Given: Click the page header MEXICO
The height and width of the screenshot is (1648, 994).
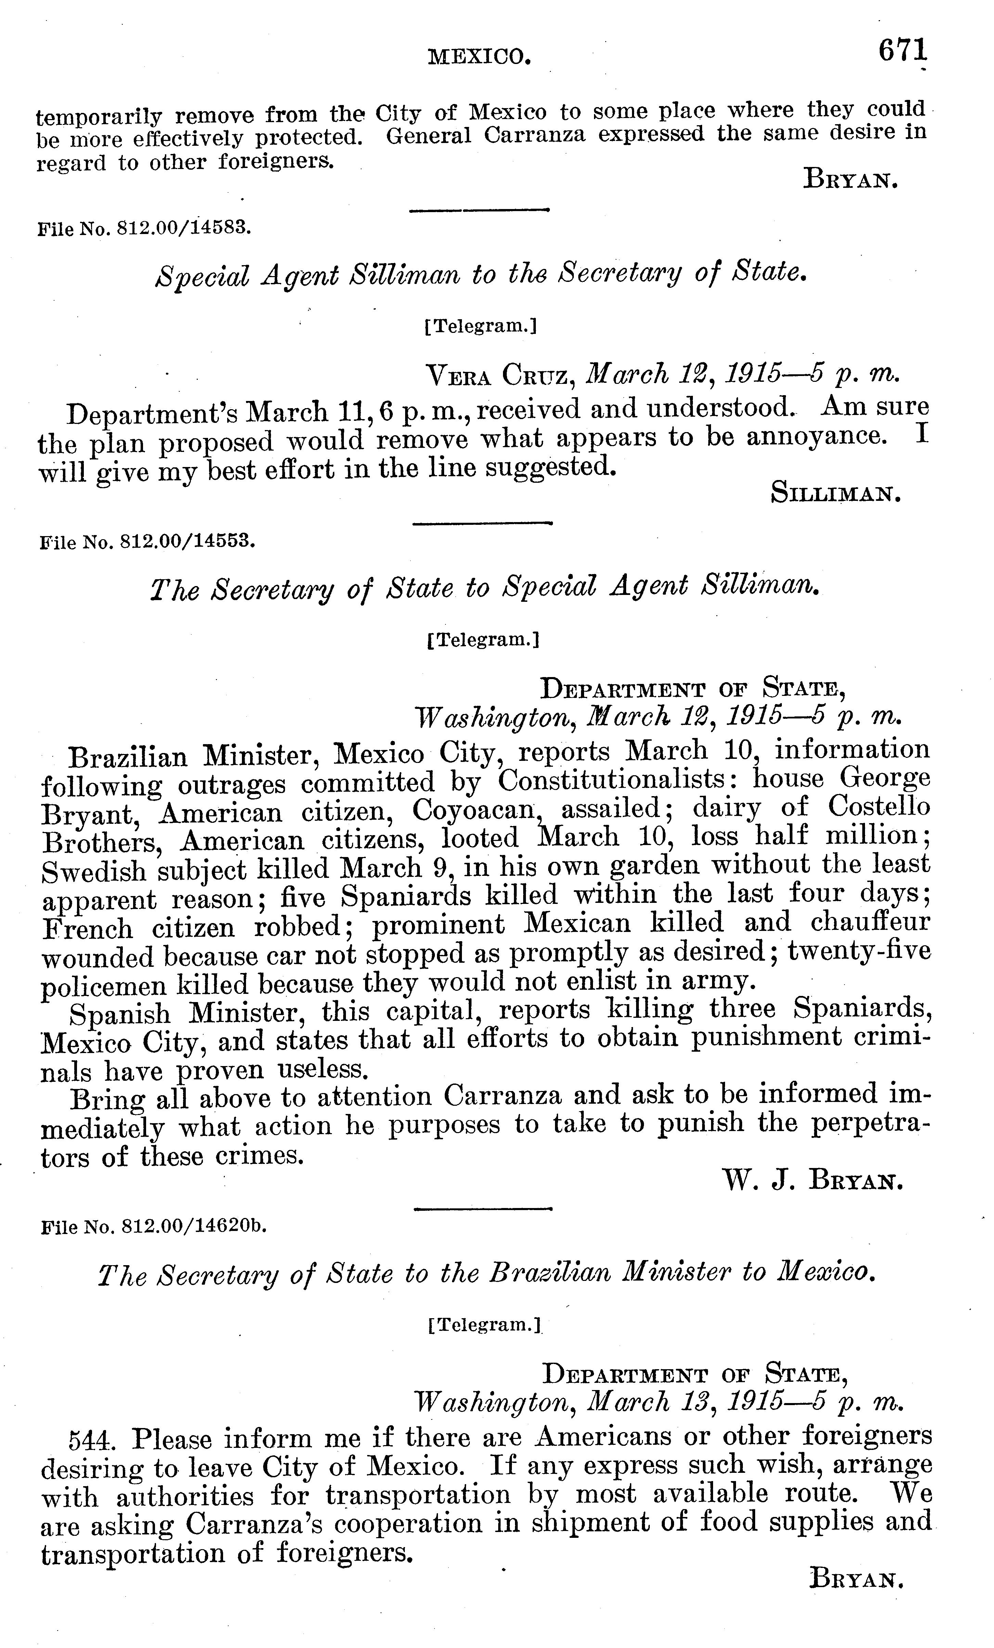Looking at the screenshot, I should click(480, 57).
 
